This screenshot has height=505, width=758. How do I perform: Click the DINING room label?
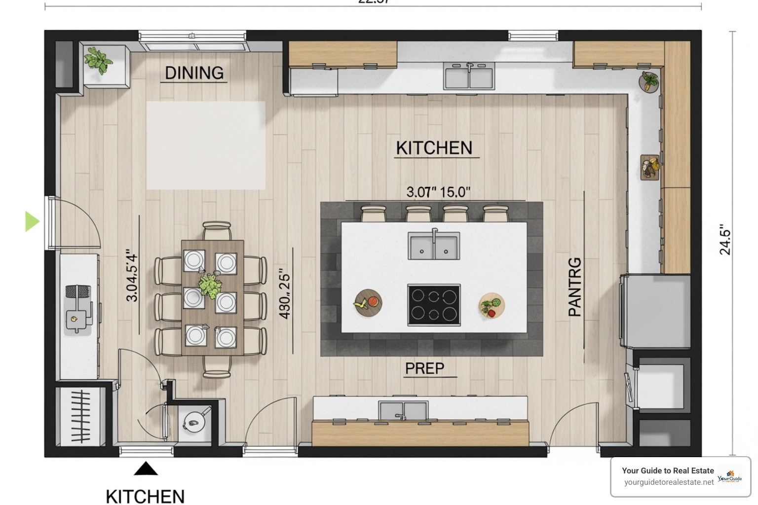pyautogui.click(x=194, y=73)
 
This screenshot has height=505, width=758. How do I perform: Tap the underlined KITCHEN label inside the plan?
pyautogui.click(x=434, y=148)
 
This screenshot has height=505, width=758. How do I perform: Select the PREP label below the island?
pyautogui.click(x=424, y=368)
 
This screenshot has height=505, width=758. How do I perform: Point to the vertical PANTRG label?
pyautogui.click(x=575, y=287)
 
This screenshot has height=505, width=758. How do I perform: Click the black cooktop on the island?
pyautogui.click(x=434, y=305)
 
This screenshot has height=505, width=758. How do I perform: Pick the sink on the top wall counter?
pyautogui.click(x=469, y=76)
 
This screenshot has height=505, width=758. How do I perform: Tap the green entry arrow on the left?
pyautogui.click(x=32, y=221)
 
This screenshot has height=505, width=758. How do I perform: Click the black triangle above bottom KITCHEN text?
pyautogui.click(x=146, y=469)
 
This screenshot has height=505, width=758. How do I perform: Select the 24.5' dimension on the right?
pyautogui.click(x=724, y=240)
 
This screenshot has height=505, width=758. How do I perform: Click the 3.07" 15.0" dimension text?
pyautogui.click(x=438, y=192)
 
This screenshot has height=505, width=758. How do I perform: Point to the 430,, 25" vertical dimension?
pyautogui.click(x=285, y=294)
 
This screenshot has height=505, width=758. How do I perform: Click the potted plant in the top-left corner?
pyautogui.click(x=98, y=61)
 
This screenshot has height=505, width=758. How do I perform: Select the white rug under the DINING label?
pyautogui.click(x=206, y=145)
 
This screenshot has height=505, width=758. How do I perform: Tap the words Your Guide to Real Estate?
pyautogui.click(x=668, y=470)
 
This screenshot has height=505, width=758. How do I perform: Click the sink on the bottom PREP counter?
pyautogui.click(x=403, y=411)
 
